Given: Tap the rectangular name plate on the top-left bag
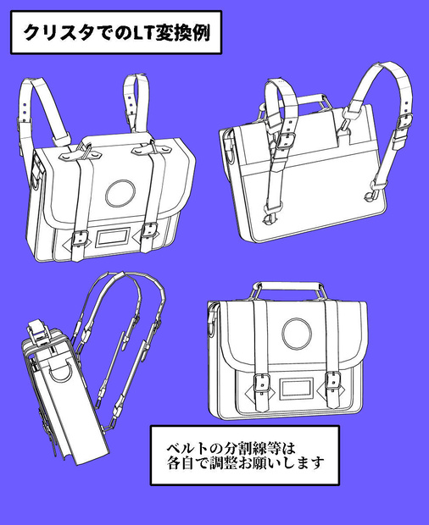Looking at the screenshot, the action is pos(113,238).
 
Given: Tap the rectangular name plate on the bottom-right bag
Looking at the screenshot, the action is pos(296,389).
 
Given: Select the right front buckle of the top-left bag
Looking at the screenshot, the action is pos(149,230).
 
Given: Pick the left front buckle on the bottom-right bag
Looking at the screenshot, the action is pos(262,383).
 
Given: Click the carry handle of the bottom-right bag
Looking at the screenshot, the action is pos(287,285).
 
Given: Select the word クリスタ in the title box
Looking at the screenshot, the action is pos(59,33).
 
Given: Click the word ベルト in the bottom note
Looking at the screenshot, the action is pos(187,448).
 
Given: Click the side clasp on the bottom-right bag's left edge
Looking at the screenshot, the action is pos(212,318).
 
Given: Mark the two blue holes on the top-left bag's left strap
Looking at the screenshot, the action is pos(24,109).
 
